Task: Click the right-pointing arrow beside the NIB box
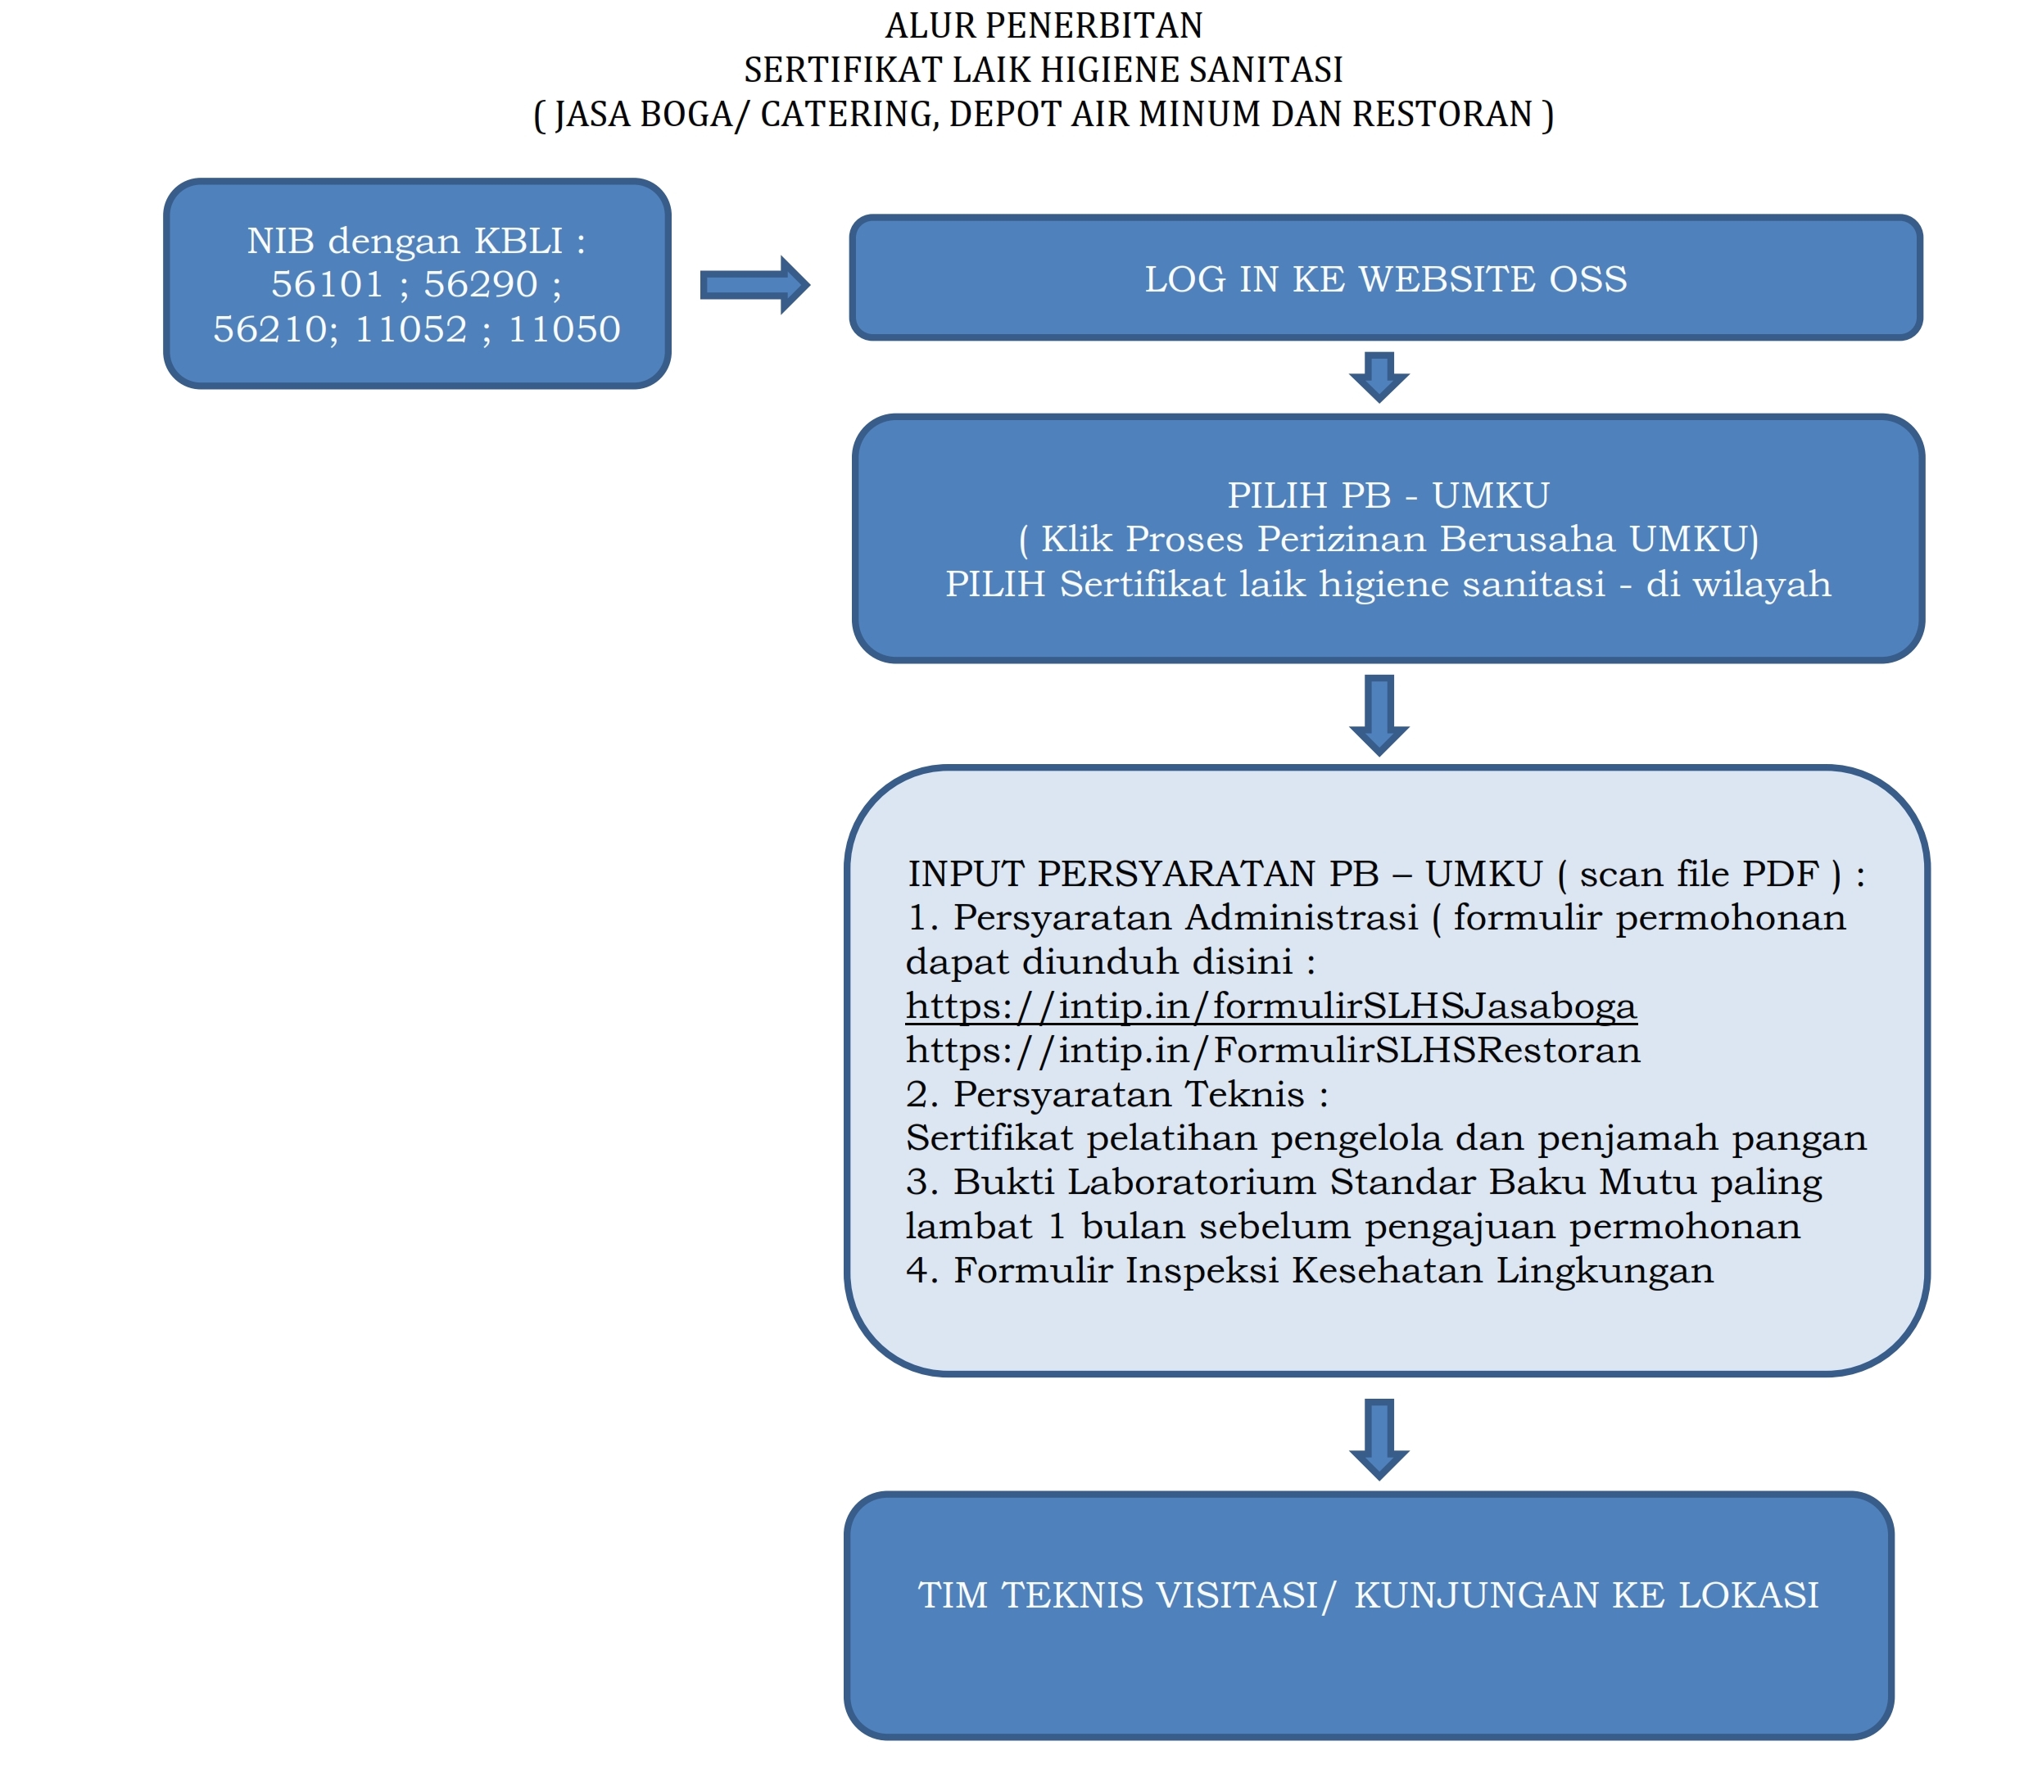754,285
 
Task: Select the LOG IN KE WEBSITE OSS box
1385,278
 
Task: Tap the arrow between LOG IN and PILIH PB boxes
1379,376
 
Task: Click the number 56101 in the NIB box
327,284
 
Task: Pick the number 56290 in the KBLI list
480,284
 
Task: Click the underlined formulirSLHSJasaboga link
1271,1006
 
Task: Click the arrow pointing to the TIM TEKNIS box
1379,1439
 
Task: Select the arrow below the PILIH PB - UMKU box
1379,715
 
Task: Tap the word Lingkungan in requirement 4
1604,1271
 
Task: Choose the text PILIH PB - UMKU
1388,495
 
